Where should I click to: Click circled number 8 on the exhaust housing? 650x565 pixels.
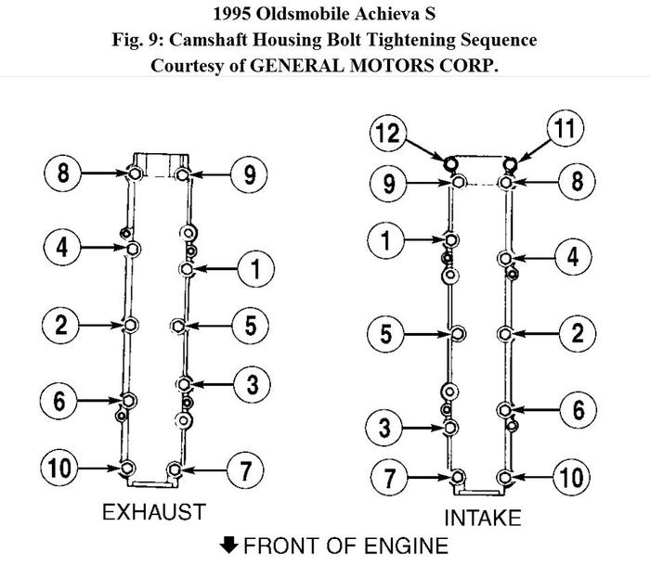(x=61, y=173)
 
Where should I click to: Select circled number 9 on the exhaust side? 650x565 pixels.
(x=250, y=173)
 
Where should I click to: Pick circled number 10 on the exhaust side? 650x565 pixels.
(x=61, y=468)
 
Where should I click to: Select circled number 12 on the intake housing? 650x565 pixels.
(x=387, y=134)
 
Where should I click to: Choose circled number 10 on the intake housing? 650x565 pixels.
(x=574, y=478)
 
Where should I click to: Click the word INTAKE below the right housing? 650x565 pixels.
(x=482, y=518)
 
